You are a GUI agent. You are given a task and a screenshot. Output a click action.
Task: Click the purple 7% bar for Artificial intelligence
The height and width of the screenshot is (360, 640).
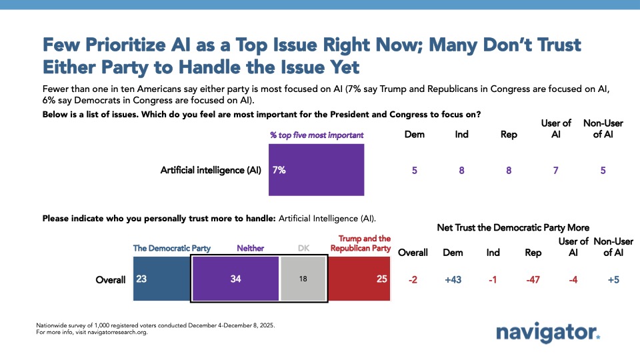point(316,170)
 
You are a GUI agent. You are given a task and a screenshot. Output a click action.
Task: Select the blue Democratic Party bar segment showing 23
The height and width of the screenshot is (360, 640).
point(161,279)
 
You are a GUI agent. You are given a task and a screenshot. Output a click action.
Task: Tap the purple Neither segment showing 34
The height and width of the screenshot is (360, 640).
point(235,279)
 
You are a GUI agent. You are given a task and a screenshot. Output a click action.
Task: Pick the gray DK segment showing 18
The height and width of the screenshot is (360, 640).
point(303,279)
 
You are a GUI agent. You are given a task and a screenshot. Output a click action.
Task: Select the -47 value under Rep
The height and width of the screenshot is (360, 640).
point(533,279)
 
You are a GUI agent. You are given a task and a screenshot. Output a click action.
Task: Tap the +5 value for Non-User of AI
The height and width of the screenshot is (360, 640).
point(613,279)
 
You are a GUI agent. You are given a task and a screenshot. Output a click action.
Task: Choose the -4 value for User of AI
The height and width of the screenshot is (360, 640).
point(573,279)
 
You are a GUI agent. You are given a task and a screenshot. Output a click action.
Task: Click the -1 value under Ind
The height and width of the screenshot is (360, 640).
point(494,279)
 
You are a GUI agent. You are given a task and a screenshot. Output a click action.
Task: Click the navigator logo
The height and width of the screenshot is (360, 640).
point(547,332)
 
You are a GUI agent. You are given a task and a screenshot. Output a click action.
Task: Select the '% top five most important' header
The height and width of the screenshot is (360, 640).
point(317,135)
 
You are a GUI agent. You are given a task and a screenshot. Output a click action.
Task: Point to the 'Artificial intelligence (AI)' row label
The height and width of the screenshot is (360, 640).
point(211,170)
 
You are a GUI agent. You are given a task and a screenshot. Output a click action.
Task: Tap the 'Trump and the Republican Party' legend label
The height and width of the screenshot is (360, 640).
point(361,243)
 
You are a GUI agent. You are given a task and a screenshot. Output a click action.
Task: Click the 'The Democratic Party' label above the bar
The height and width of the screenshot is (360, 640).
point(172,248)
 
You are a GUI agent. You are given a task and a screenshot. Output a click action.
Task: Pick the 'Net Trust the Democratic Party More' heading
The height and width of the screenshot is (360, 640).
point(513,227)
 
